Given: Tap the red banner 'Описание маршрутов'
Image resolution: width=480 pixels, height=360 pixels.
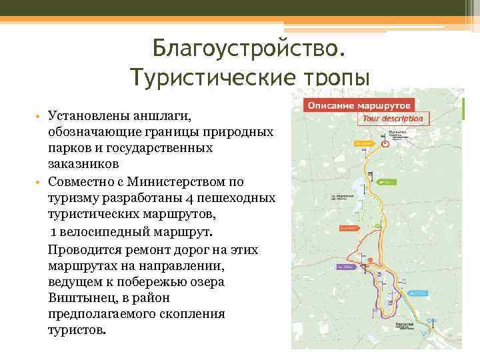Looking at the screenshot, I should (359, 105).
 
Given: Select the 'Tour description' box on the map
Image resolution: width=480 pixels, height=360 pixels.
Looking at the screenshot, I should (393, 119).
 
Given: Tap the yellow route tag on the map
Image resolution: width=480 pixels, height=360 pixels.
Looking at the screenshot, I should (364, 143).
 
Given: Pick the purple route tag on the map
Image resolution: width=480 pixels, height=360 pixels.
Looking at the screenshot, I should (345, 267).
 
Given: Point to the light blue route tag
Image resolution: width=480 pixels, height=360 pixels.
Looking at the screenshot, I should (417, 292).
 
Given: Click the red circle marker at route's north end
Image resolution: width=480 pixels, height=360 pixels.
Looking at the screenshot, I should (385, 143).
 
